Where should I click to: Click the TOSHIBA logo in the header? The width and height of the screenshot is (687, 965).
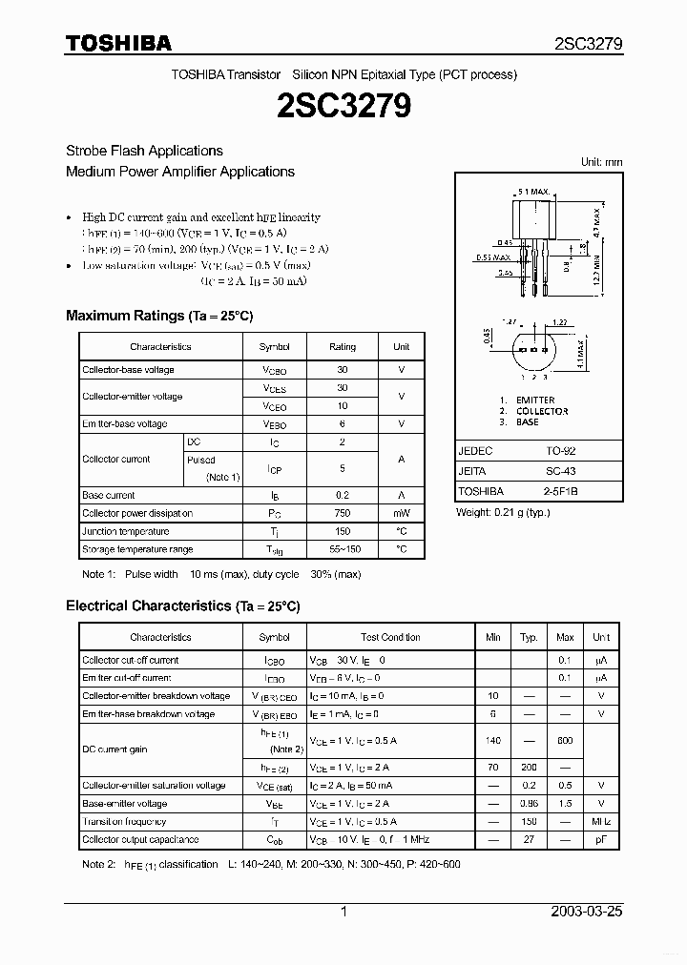(x=119, y=44)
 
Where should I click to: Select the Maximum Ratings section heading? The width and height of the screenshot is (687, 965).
(x=159, y=316)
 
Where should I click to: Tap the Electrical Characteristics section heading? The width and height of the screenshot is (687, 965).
(x=182, y=606)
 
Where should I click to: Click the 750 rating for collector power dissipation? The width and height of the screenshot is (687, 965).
(x=342, y=513)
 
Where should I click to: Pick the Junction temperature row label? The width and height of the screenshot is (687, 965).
(x=126, y=531)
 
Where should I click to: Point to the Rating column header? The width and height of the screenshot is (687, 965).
(x=342, y=347)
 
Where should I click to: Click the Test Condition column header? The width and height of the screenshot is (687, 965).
(x=390, y=637)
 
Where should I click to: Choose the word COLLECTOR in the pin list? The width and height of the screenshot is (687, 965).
(x=541, y=411)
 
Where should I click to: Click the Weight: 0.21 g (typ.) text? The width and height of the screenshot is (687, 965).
(x=503, y=513)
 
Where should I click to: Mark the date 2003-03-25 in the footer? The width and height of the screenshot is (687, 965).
(x=586, y=912)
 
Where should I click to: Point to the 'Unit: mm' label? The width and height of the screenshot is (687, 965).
(x=601, y=162)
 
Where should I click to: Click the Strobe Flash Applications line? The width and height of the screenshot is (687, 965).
(x=144, y=151)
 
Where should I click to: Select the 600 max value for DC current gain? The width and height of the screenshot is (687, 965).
(x=565, y=741)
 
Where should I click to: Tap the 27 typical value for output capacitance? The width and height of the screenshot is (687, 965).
(x=530, y=840)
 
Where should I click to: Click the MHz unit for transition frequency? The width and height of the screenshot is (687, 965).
(x=601, y=822)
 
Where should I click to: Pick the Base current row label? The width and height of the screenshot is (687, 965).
(x=109, y=495)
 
